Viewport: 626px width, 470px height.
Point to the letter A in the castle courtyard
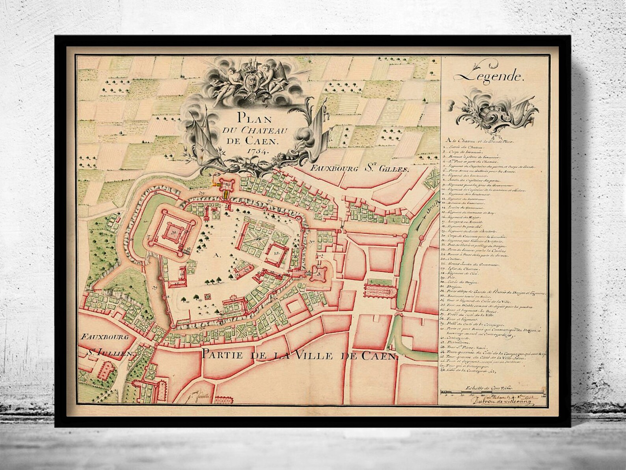click(x=215, y=255)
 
